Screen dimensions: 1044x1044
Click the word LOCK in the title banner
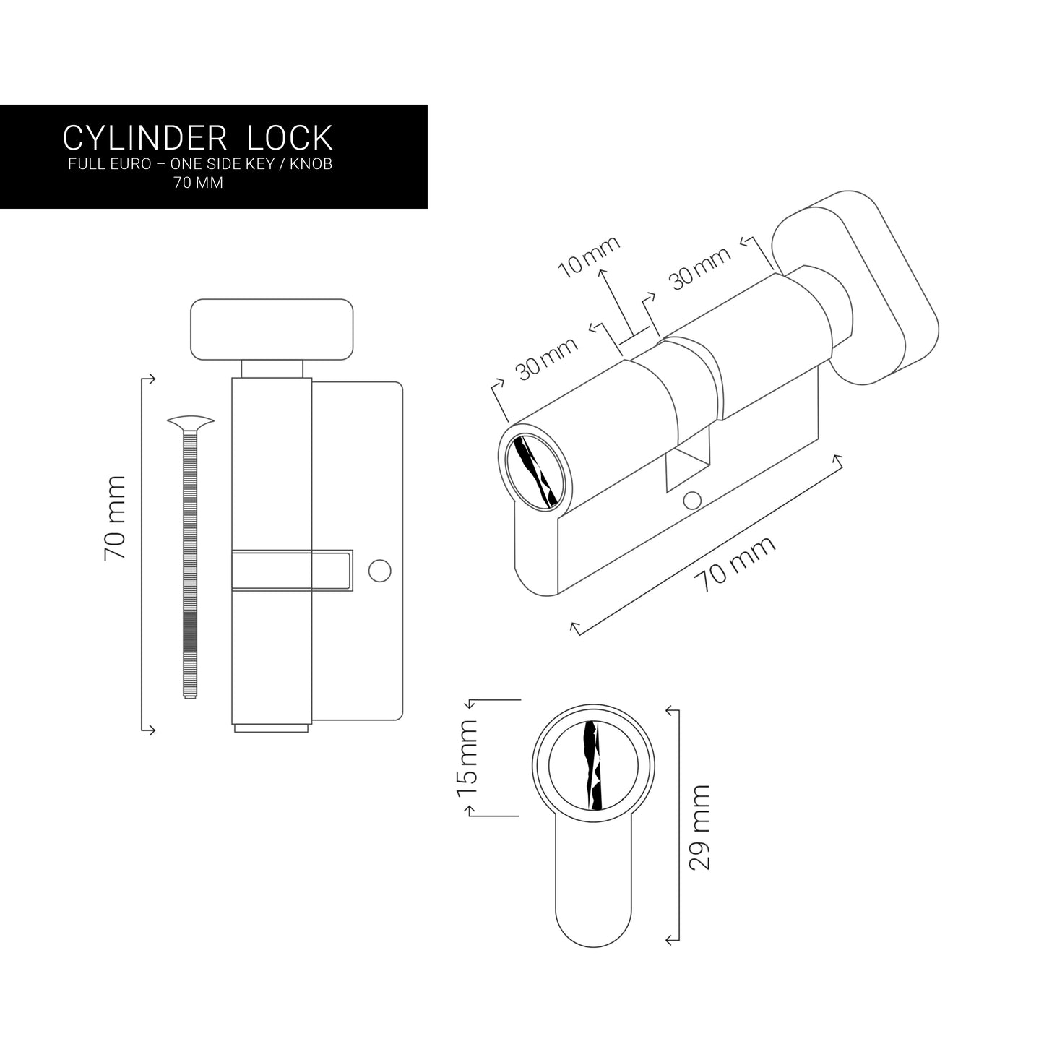[x=290, y=137]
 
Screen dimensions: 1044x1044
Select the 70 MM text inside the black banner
[x=197, y=183]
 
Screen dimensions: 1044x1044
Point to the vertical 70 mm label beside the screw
[x=115, y=517]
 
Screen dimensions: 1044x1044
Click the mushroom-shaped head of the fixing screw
[x=190, y=421]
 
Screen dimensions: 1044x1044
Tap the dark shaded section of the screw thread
[x=189, y=633]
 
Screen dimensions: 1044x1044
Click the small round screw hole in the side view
[x=379, y=570]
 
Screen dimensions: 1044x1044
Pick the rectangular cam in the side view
[x=293, y=570]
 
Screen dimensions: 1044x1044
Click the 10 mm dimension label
[x=590, y=256]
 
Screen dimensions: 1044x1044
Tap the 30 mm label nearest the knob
[x=700, y=267]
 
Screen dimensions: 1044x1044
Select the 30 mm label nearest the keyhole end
[x=547, y=359]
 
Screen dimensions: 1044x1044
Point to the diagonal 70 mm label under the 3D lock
[x=735, y=564]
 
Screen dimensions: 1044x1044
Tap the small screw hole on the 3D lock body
[x=692, y=499]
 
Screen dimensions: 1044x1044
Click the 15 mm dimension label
[x=467, y=757]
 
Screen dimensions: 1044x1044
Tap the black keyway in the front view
[x=592, y=765]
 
